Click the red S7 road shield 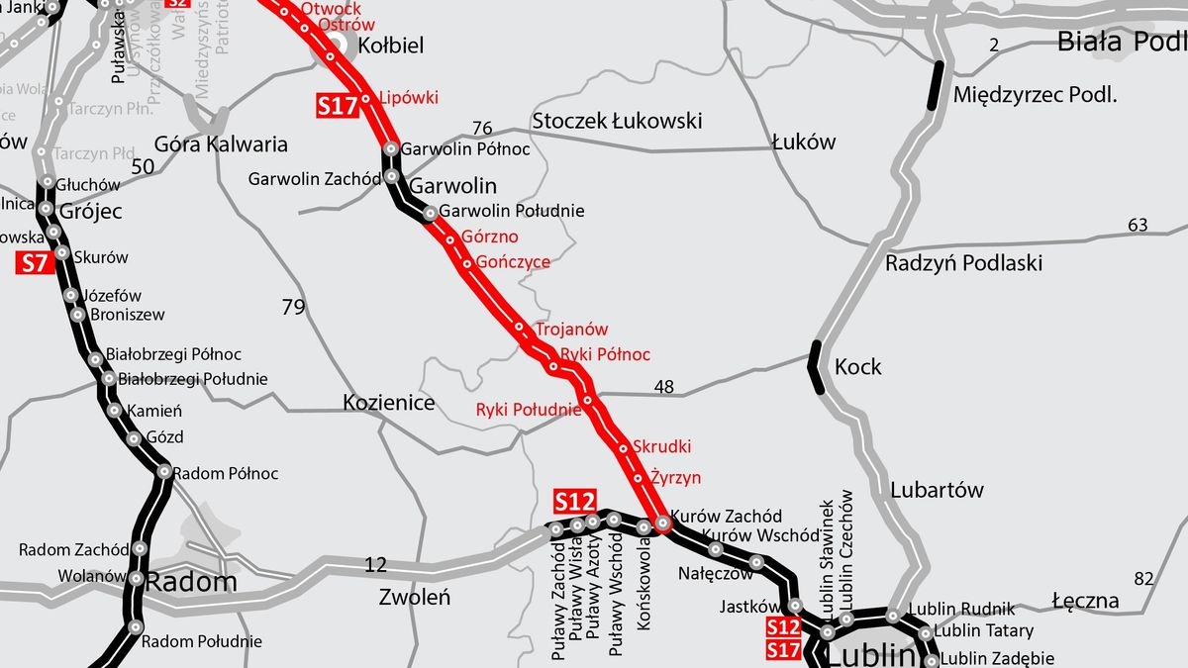(x=34, y=263)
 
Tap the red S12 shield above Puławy (x=574, y=501)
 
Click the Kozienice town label (x=389, y=403)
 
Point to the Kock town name (x=857, y=367)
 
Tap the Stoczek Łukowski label (x=617, y=121)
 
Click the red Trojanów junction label (x=571, y=330)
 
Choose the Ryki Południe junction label (x=528, y=410)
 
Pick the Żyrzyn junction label (x=675, y=477)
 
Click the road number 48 (x=663, y=387)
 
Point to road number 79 (x=293, y=308)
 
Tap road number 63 (x=1138, y=226)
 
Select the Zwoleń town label (x=415, y=597)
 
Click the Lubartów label (x=937, y=490)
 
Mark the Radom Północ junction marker (x=164, y=472)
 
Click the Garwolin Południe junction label (x=512, y=211)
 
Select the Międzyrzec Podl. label (x=1034, y=95)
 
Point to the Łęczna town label (x=1085, y=601)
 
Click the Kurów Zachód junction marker (x=663, y=523)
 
